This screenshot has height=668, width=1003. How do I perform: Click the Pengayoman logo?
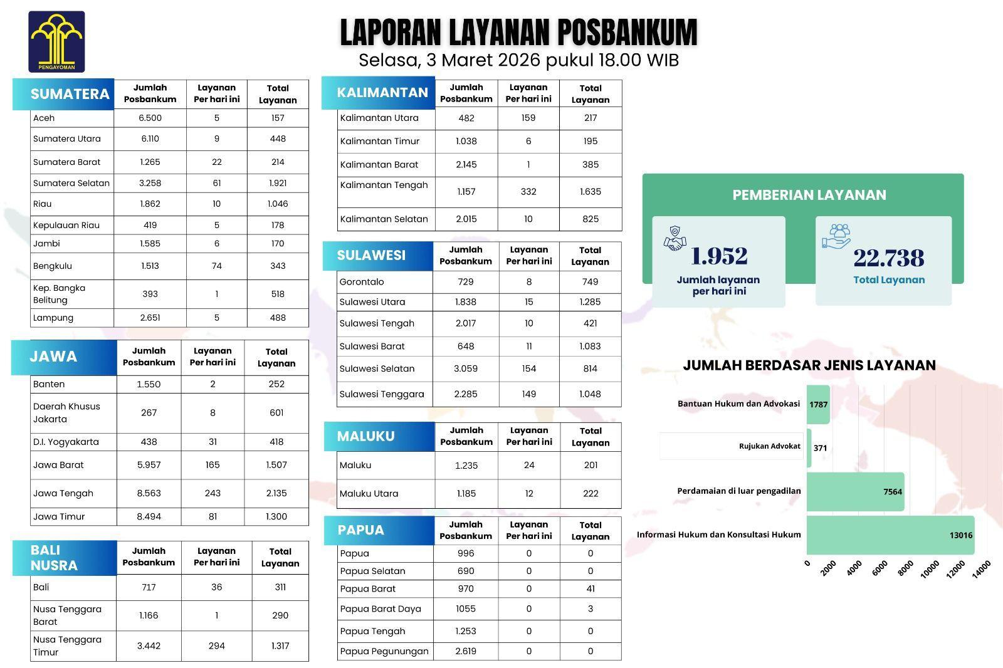(56, 41)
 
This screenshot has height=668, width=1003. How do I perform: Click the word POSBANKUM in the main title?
(626, 33)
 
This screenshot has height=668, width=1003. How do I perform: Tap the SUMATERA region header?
(70, 94)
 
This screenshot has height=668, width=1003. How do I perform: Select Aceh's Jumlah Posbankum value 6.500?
(150, 118)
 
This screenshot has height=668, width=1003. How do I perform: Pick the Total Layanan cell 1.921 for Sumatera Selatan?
(278, 183)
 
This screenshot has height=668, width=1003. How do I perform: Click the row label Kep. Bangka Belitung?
(59, 294)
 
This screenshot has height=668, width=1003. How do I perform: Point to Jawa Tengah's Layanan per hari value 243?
(213, 493)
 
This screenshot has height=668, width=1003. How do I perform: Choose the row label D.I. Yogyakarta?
(66, 442)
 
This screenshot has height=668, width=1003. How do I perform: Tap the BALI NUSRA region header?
(54, 558)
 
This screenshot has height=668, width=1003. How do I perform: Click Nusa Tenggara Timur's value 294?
(216, 645)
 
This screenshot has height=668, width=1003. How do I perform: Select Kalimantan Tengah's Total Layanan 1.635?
(591, 192)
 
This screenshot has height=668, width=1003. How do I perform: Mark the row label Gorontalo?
(362, 282)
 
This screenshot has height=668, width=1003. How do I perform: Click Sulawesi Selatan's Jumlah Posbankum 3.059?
(466, 368)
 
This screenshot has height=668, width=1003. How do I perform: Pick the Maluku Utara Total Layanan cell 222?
(591, 493)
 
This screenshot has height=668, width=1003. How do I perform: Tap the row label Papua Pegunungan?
(384, 651)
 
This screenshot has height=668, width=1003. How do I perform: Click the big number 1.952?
(719, 256)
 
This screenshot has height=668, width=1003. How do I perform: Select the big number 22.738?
(889, 258)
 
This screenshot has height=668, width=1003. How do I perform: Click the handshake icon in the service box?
(675, 239)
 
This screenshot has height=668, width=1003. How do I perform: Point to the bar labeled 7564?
(855, 491)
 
